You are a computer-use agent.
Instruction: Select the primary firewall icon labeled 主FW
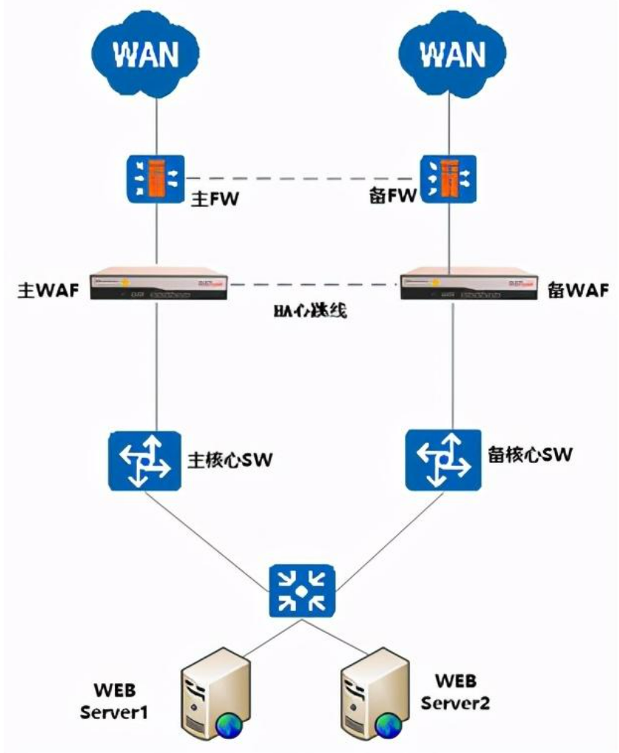tap(155, 177)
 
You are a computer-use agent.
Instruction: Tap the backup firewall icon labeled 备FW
tap(448, 177)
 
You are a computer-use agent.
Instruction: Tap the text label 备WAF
tap(579, 288)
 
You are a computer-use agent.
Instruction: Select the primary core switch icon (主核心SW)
tap(144, 461)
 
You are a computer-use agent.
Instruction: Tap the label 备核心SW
tap(530, 453)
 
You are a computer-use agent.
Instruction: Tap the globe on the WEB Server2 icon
tap(389, 725)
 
